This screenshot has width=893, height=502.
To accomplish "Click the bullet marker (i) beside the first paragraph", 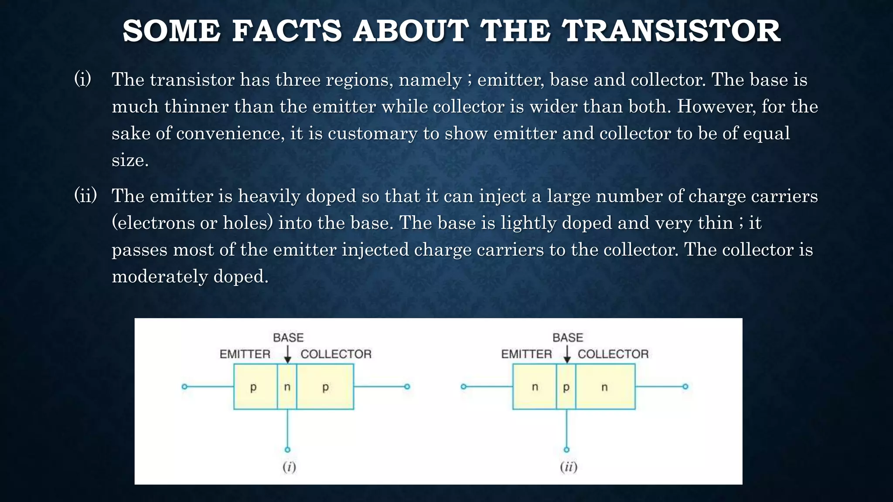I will [x=83, y=79].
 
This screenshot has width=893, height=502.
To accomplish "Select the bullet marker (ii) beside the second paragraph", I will [x=85, y=195].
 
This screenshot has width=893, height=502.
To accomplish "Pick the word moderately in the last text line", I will [x=159, y=276].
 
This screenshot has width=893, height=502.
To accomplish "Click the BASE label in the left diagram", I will [x=288, y=338].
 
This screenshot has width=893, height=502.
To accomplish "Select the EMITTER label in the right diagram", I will [x=526, y=354].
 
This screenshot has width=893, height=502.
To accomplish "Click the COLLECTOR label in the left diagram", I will [x=336, y=354].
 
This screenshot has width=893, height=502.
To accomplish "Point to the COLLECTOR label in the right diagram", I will [x=613, y=354].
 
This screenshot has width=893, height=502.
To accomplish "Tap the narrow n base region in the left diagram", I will [x=287, y=387].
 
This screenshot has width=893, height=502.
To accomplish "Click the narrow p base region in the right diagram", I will [x=566, y=387].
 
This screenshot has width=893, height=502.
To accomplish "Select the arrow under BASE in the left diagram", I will [x=287, y=355].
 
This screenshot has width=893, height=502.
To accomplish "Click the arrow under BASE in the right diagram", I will [x=567, y=355].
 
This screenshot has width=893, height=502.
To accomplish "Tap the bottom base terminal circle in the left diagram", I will [x=287, y=450].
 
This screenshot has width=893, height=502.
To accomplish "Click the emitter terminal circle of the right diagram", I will [x=464, y=387].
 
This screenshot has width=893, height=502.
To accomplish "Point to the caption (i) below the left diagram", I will [x=289, y=467].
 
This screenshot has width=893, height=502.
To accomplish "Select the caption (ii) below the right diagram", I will [x=569, y=467].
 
